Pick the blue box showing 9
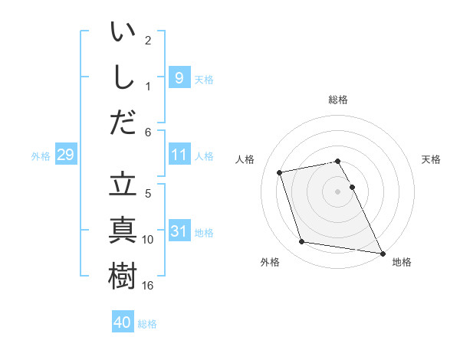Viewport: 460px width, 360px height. (179, 77)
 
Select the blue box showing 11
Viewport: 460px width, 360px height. (179, 155)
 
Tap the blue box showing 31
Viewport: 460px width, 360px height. (179, 231)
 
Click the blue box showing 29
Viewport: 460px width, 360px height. (65, 155)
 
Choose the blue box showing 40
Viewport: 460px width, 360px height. (123, 322)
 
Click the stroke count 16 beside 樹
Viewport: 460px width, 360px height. (149, 286)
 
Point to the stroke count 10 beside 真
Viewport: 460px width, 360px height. (149, 240)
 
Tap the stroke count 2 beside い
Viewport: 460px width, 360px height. (148, 40)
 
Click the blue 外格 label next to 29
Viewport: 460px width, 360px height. (41, 156)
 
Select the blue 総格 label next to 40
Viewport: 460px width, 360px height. (147, 323)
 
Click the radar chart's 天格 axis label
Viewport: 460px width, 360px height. (431, 159)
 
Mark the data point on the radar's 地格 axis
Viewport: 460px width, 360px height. (382, 252)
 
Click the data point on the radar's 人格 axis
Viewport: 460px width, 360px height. (280, 172)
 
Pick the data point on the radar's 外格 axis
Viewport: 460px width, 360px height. (302, 242)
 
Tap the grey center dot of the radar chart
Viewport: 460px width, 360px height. (337, 191)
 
